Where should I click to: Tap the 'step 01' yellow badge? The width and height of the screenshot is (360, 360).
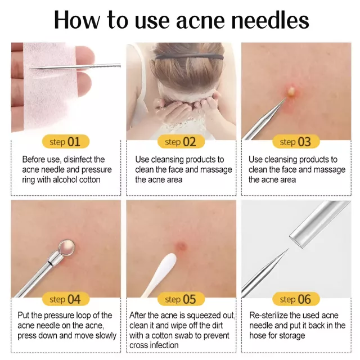66,141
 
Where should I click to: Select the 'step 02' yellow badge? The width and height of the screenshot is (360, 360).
181,141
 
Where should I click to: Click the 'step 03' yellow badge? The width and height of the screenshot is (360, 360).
296,141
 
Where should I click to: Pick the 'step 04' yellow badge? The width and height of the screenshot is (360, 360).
66,299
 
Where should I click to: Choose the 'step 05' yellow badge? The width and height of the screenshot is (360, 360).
181,299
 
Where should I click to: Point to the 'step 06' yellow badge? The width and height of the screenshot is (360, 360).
296,299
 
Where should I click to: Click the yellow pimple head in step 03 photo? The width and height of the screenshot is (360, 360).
291,91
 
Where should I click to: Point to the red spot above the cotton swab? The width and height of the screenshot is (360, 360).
181,246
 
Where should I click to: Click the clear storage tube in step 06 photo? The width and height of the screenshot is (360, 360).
321,223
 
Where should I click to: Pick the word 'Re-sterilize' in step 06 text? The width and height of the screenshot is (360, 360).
268,315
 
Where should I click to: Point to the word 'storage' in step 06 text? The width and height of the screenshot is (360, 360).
292,336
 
